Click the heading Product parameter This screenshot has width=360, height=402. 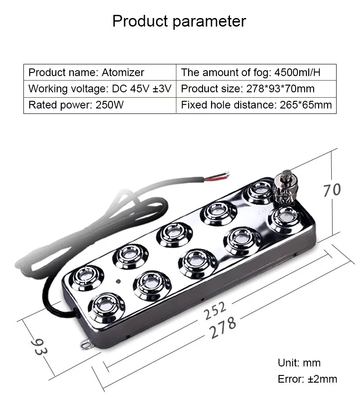click(x=179, y=21)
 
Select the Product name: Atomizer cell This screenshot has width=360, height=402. click(x=100, y=72)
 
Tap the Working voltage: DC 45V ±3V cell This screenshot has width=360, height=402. click(x=100, y=89)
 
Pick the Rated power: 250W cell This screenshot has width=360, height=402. click(x=100, y=105)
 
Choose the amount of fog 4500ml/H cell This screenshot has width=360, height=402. click(x=256, y=72)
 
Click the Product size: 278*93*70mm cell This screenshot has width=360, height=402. click(x=256, y=89)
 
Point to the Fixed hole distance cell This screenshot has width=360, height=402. click(x=256, y=105)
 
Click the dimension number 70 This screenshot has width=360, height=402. click(x=332, y=190)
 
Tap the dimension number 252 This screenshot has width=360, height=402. click(x=215, y=311)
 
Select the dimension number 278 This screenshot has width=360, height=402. click(x=223, y=327)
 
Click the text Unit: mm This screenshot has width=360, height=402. click(x=299, y=363)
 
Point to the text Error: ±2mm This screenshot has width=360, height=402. click(x=307, y=379)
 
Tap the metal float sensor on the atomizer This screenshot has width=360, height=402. click(x=286, y=186)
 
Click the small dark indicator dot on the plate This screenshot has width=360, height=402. click(x=118, y=281)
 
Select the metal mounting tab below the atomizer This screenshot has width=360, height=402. click(x=86, y=345)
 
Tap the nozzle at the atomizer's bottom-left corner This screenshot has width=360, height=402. click(x=106, y=307)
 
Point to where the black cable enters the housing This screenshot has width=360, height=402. click(x=77, y=313)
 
